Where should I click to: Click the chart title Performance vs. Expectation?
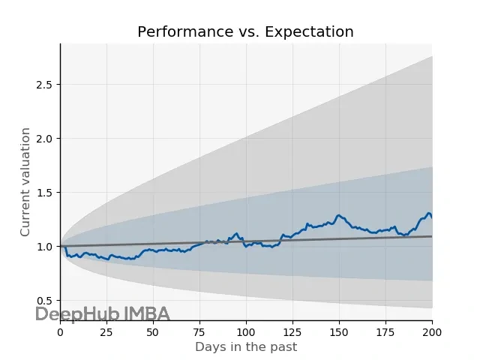click(x=245, y=32)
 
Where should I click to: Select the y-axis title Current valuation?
click(x=25, y=182)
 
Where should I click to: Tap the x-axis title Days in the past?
click(x=246, y=347)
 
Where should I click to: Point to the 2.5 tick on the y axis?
click(x=45, y=85)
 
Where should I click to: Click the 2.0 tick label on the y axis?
click(x=45, y=139)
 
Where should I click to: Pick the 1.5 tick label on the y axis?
click(x=45, y=193)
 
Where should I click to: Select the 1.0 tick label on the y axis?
click(x=45, y=247)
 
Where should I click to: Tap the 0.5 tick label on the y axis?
click(x=45, y=301)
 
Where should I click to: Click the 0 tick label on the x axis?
click(x=60, y=332)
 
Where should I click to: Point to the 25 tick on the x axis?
click(x=106, y=332)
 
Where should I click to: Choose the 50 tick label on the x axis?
click(x=153, y=332)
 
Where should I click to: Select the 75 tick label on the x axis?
click(x=199, y=332)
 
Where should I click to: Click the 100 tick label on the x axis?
click(x=246, y=332)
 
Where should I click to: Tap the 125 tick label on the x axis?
click(x=292, y=332)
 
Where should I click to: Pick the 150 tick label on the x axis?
click(x=339, y=332)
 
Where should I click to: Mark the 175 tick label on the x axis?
click(x=385, y=332)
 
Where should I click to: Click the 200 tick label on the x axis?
click(x=432, y=332)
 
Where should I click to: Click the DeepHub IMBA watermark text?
click(x=103, y=314)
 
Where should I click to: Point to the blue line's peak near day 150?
click(x=339, y=215)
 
